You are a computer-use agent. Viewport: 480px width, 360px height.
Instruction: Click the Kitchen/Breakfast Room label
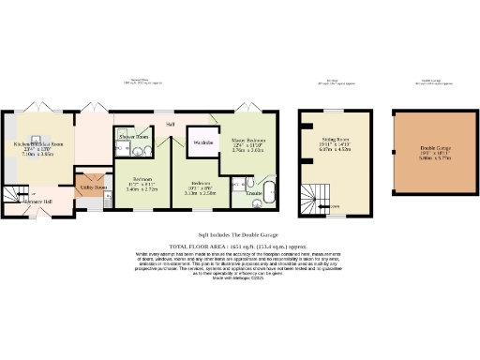point(38,143)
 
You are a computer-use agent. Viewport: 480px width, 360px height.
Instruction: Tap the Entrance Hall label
point(38,202)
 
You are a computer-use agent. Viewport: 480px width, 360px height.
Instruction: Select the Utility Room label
point(92,187)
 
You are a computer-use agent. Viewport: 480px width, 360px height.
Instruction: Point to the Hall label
point(171,124)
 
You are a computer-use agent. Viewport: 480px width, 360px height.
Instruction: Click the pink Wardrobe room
point(203,142)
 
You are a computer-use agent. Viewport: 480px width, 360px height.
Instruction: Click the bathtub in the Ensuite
point(268,191)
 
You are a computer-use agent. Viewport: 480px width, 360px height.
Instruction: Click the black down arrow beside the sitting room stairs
point(329,207)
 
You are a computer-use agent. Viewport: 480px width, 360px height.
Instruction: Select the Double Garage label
point(434,150)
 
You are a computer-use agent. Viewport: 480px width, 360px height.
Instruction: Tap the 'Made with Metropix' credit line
point(239,279)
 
